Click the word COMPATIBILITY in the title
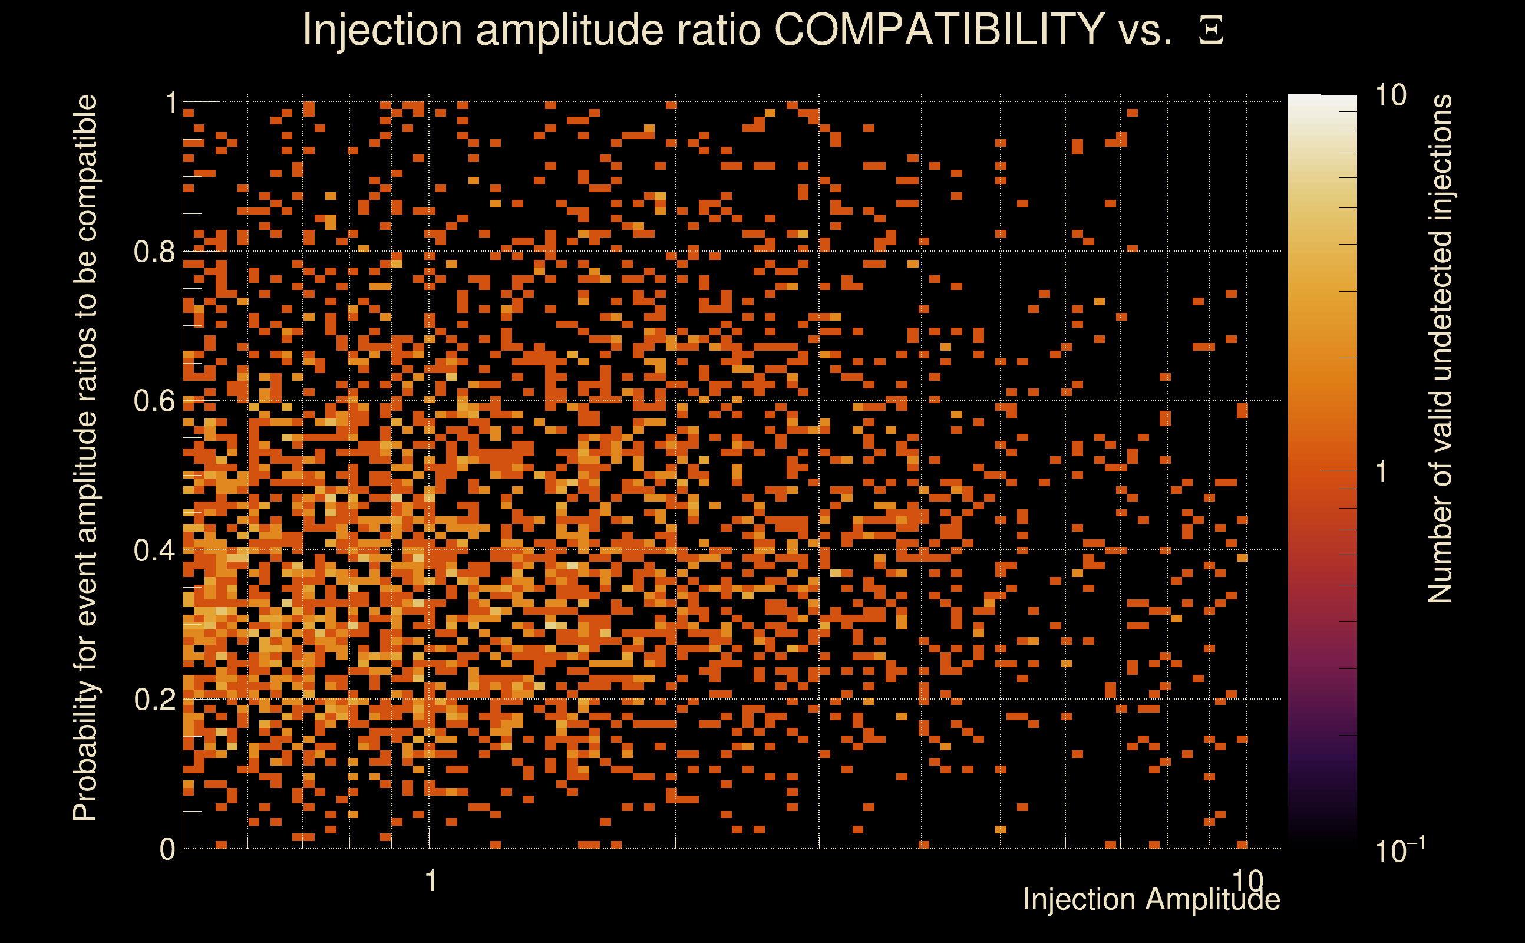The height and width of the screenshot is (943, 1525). [x=939, y=29]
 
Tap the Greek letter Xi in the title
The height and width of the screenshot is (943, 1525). [x=1211, y=31]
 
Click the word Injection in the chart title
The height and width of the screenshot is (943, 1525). [x=382, y=29]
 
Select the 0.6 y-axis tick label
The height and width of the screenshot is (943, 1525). [x=154, y=400]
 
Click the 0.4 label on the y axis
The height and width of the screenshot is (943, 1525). [x=154, y=550]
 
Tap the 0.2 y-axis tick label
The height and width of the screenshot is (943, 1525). [x=154, y=699]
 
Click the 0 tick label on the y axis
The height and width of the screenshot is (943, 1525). [x=167, y=849]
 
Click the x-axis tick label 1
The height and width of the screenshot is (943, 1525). [x=430, y=881]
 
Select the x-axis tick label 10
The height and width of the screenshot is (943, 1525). [x=1247, y=881]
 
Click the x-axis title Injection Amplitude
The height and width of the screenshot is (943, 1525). [x=1151, y=899]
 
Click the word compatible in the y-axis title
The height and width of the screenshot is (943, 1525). [x=85, y=169]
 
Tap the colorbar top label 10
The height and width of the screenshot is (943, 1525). [x=1389, y=96]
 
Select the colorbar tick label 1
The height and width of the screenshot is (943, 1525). [x=1382, y=472]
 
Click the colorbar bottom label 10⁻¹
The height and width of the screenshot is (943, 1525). [x=1399, y=850]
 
